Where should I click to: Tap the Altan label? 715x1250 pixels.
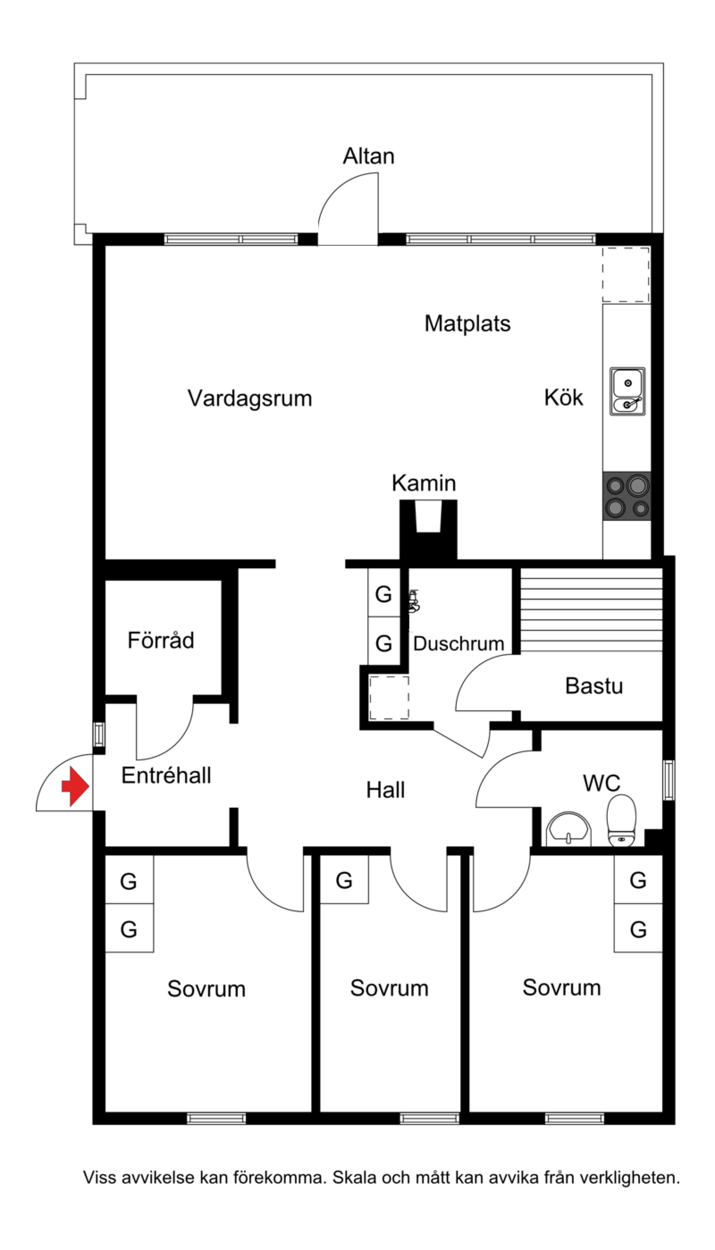pos(368,156)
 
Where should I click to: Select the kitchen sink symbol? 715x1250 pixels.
pos(627,391)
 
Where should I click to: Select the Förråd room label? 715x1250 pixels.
pos(160,641)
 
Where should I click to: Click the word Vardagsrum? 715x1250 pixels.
pos(249,398)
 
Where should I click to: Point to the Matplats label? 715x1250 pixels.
pos(467,324)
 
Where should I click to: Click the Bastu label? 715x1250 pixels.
pos(594,686)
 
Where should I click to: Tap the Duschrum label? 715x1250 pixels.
pos(458,643)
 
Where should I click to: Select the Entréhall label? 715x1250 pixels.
pos(166,776)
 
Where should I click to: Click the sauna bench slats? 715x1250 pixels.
pos(591,610)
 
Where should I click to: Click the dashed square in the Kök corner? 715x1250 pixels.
pos(626,274)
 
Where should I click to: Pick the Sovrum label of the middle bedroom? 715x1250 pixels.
pos(389,988)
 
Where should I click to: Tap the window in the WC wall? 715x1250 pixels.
pos(669,780)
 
